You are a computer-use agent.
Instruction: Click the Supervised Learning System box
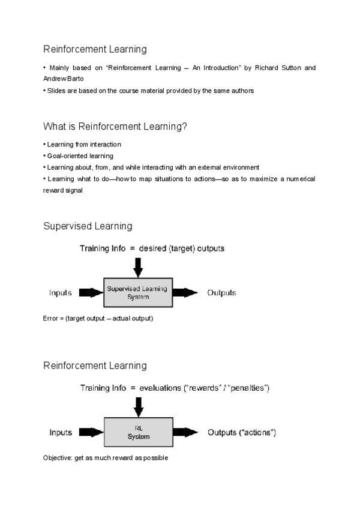[x=139, y=292]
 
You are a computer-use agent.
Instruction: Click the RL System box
[x=139, y=433]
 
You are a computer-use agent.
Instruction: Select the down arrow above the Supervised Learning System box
[x=139, y=265]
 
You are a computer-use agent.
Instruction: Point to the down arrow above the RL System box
[x=139, y=406]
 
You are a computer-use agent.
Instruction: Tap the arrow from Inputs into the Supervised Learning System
[x=91, y=293]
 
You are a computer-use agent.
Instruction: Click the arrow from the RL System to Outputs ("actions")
[x=186, y=433]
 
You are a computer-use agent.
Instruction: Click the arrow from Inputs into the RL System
[x=91, y=433]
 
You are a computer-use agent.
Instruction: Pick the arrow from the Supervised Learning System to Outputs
[x=186, y=293]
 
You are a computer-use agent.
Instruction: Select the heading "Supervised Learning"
[x=88, y=226]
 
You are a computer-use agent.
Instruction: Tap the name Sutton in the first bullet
[x=291, y=68]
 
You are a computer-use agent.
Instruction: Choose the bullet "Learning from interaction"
[x=83, y=145]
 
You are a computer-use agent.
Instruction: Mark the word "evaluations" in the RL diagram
[x=163, y=388]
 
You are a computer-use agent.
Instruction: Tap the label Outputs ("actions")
[x=242, y=433]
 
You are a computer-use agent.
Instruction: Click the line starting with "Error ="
[x=98, y=318]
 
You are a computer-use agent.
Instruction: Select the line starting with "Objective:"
[x=106, y=458]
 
